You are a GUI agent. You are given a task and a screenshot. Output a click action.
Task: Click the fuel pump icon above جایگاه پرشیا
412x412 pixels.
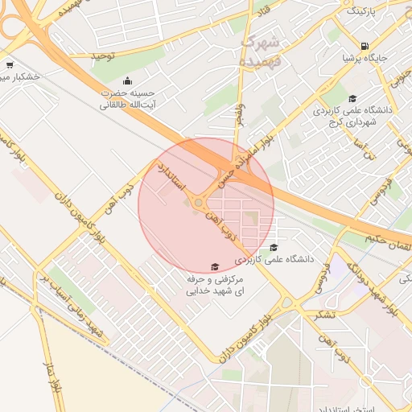(366, 46)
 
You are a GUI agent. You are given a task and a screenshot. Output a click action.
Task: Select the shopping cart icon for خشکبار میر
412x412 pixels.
(9, 65)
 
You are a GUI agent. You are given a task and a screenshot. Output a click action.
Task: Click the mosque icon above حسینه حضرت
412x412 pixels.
(127, 80)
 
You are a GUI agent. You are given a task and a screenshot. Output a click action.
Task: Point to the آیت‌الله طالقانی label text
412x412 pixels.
(127, 105)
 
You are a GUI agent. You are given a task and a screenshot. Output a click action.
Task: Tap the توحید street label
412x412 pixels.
(103, 56)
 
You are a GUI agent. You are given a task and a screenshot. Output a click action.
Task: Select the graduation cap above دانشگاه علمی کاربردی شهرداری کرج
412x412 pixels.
(352, 98)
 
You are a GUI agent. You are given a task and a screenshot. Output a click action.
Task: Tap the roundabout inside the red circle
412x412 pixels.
(199, 203)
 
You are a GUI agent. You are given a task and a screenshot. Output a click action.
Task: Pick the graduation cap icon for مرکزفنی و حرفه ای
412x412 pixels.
(214, 266)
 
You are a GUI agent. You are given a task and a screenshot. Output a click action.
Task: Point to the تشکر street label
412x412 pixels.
(324, 313)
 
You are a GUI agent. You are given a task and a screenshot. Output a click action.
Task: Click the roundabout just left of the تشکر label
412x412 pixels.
(288, 303)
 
